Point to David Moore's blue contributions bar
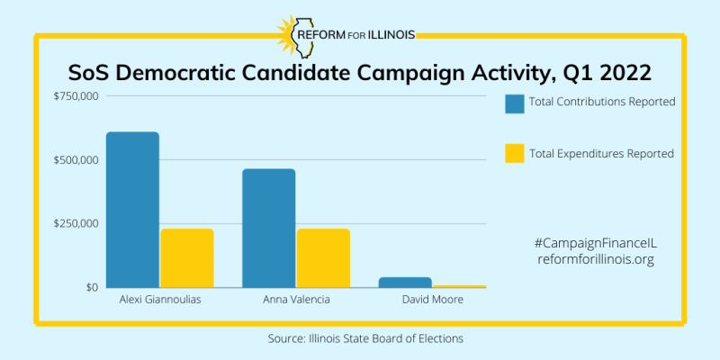coord(405,283)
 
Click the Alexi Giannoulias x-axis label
coord(159,300)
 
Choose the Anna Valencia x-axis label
coord(296,300)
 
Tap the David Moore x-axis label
coord(432,300)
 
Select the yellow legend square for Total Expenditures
coord(515,154)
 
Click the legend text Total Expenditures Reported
coord(601,154)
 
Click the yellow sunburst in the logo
coord(292,37)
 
